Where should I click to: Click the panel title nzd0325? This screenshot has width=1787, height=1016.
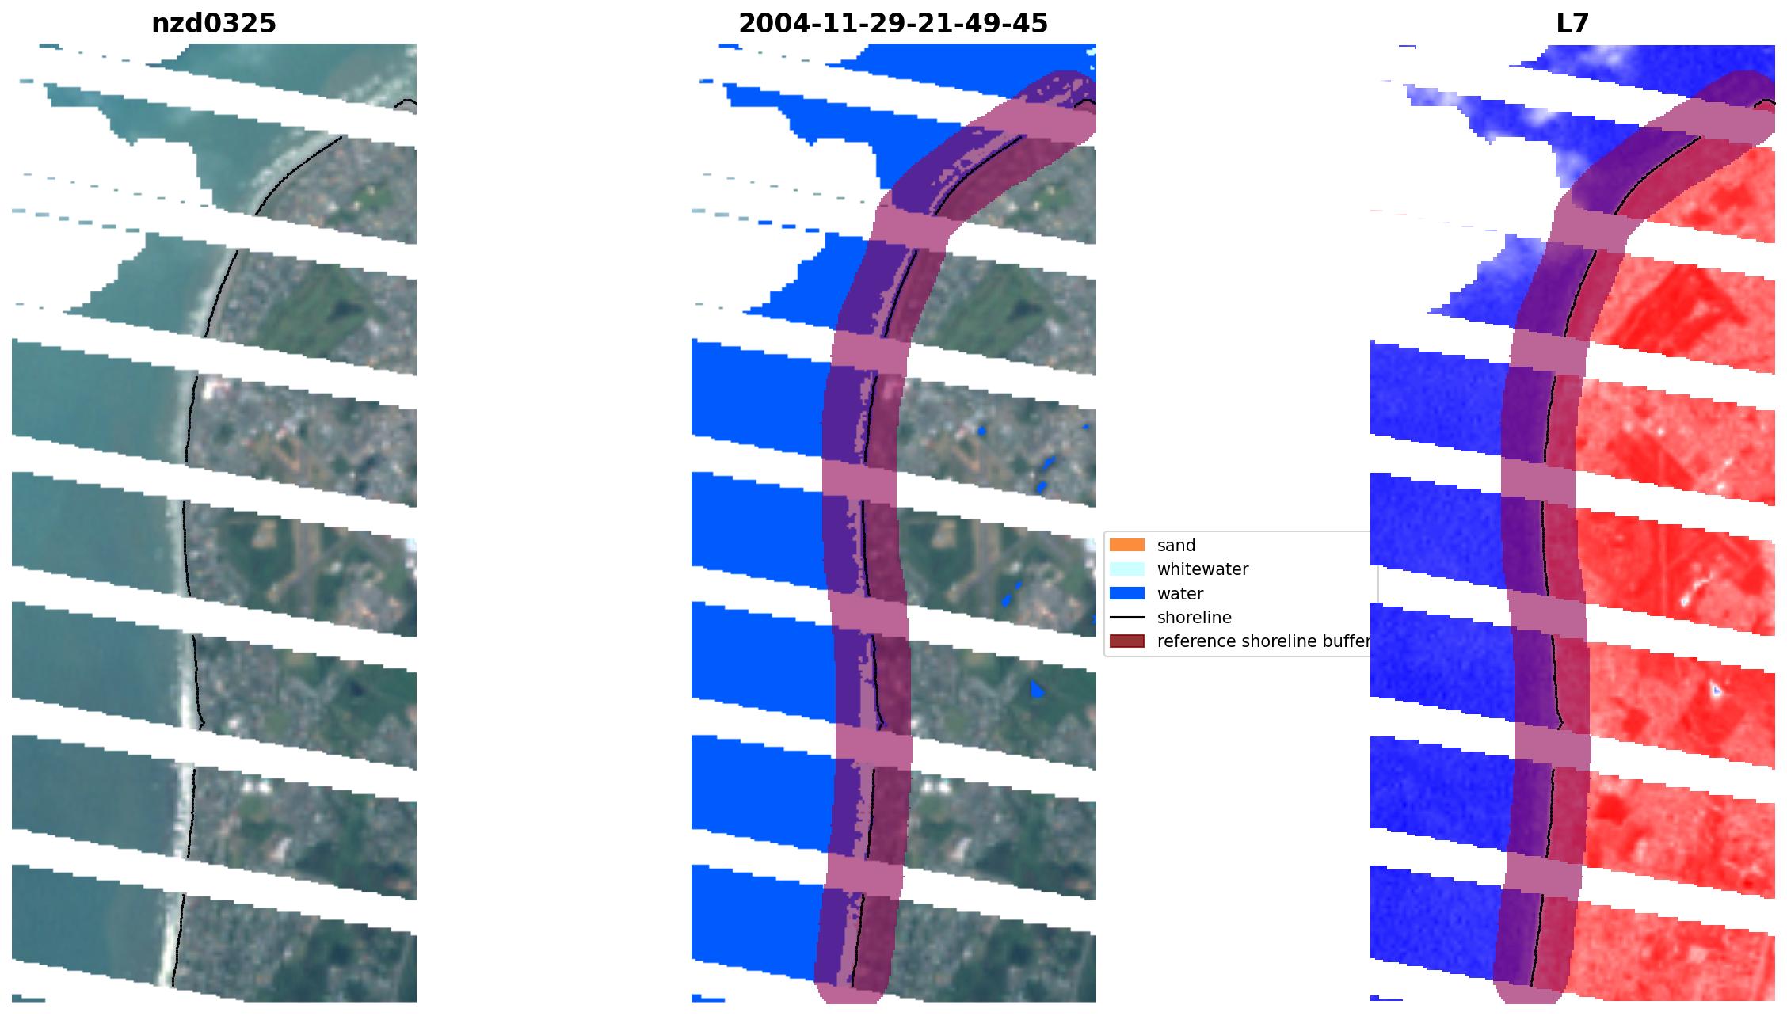(214, 24)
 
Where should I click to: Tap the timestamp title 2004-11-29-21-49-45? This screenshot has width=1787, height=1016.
(893, 24)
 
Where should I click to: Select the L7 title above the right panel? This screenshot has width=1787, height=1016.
(1572, 24)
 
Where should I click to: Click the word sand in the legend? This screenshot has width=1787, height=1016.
(1175, 546)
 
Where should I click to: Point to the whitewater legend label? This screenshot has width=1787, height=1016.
(1202, 569)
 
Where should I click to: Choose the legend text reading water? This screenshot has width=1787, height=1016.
(1179, 594)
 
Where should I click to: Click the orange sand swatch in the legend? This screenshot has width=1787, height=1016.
(1126, 546)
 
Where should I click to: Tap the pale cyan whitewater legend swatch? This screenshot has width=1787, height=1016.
(1126, 569)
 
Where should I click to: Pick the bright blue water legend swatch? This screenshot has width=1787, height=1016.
(1126, 594)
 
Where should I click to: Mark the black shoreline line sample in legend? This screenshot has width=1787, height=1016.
(1126, 618)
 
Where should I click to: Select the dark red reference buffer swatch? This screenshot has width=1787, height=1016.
(1126, 641)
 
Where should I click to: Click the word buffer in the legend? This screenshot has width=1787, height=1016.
(1347, 641)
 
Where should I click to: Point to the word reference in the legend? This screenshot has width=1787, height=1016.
(1196, 641)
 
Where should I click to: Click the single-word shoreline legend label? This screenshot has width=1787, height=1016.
(1194, 618)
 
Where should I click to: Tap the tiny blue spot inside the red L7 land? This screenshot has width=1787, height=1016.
(1716, 691)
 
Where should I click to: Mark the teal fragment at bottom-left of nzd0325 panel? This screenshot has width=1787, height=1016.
(29, 999)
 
